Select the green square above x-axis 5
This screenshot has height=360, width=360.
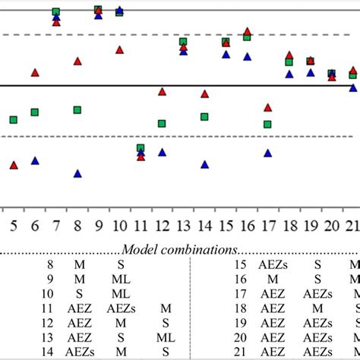pos(14,119)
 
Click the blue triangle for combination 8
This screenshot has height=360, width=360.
pos(77,173)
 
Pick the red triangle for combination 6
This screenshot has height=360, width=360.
pos(35,73)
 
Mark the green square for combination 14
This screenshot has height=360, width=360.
pos(204,116)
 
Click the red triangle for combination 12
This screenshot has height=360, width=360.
pos(162,92)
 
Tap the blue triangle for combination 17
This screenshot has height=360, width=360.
pos(267,153)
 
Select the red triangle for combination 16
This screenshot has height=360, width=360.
pos(247,32)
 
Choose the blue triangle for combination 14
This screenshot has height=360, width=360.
pos(204,164)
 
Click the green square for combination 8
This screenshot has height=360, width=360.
pos(77,109)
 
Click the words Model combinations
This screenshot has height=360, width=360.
pos(180,249)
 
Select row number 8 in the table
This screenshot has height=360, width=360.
pos(50,264)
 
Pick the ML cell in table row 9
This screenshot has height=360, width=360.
pos(121,279)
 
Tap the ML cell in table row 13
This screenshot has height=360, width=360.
pos(166,336)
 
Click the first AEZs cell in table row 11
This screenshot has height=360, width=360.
pos(121,308)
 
